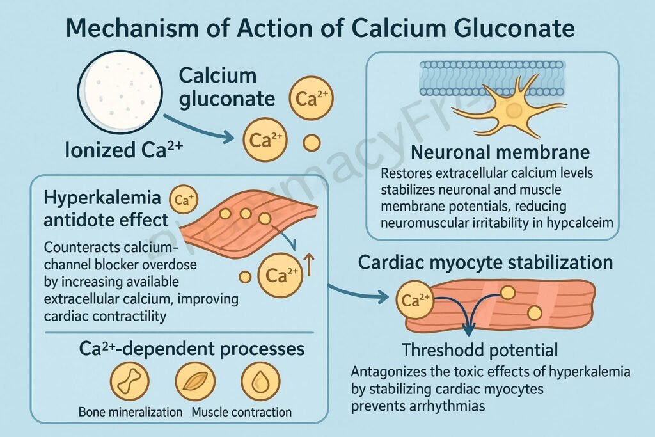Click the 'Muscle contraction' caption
click(242, 412)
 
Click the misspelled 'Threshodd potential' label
click(480, 350)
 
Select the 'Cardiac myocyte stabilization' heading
click(485, 262)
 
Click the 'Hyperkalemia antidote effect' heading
click(106, 209)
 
